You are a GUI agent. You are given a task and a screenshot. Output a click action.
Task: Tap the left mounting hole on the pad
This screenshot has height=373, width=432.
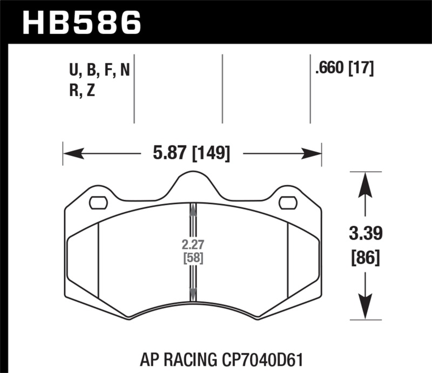98,203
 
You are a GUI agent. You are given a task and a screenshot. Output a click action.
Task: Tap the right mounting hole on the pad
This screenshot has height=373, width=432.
288,203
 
